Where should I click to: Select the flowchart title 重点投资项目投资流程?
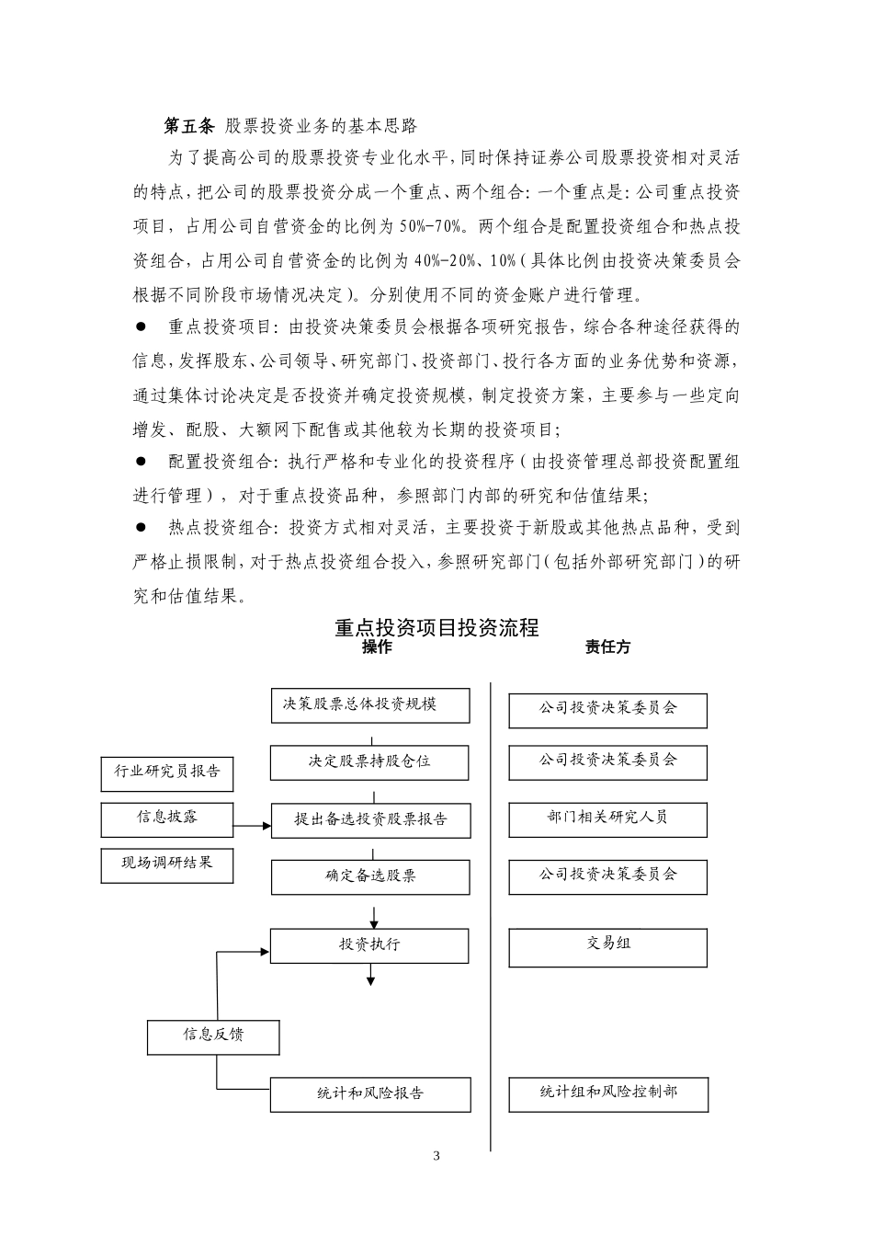click(x=436, y=628)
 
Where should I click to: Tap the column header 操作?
click(x=377, y=647)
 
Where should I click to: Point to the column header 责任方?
click(x=607, y=647)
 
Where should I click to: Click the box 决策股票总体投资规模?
click(x=370, y=705)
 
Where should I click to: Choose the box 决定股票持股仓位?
click(x=370, y=762)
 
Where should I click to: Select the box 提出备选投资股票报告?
click(x=370, y=819)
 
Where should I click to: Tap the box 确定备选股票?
click(x=370, y=876)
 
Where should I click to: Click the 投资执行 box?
click(x=369, y=945)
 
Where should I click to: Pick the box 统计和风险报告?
click(x=370, y=1094)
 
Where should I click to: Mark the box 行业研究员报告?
click(x=167, y=772)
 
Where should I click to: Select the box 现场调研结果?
click(x=167, y=864)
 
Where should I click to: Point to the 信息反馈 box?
click(x=213, y=1036)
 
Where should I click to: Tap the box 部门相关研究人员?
click(x=607, y=818)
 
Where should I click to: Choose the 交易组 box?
click(x=607, y=947)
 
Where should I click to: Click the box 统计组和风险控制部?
click(x=607, y=1093)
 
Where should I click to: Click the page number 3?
click(x=436, y=1156)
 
